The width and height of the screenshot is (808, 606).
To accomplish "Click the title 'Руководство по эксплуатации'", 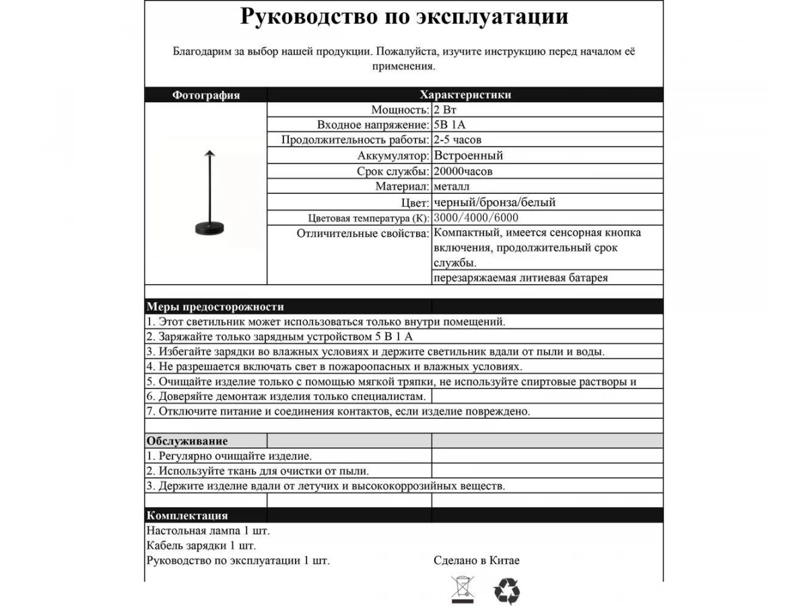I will click(404, 17).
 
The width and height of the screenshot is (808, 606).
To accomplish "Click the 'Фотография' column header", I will click(205, 95).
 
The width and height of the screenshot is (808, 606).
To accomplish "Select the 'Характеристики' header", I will click(465, 95).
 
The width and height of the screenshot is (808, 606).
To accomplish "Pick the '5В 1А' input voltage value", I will click(450, 125).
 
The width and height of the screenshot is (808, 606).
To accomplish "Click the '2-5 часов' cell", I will click(458, 140).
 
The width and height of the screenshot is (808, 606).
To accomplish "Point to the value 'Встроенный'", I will click(468, 156).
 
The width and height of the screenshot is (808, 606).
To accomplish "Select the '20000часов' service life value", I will click(463, 171).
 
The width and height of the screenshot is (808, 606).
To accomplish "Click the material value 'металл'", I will click(452, 187).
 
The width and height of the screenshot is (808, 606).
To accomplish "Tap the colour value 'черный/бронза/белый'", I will click(495, 202).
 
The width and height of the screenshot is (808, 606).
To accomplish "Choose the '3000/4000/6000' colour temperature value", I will click(477, 217).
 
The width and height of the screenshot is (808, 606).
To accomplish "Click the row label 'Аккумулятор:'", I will click(394, 156).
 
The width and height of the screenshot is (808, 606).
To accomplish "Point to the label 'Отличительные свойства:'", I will click(362, 233).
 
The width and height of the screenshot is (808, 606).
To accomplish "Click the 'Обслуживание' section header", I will click(187, 441).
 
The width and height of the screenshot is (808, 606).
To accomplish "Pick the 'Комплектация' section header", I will click(187, 516).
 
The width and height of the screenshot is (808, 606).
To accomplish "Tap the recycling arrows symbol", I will click(506, 591).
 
